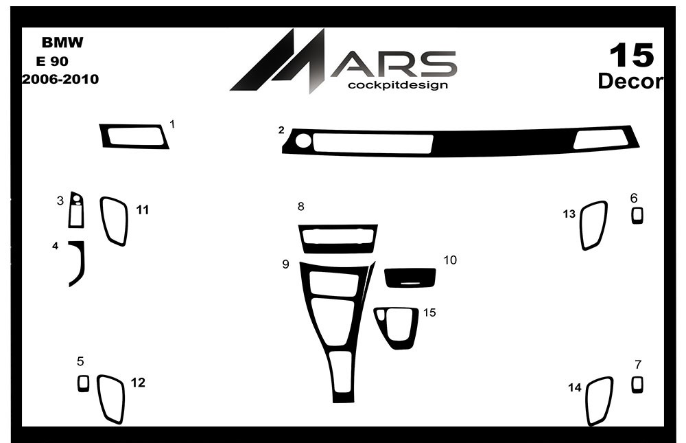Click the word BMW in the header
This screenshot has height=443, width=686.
point(62,43)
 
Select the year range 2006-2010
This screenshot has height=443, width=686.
point(60,79)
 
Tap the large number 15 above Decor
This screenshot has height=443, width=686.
point(632,56)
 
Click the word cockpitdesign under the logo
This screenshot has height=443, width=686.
point(398,85)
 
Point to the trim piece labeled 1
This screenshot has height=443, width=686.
point(104,137)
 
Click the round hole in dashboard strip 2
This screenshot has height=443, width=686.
point(304,141)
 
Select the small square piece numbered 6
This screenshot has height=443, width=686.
point(637,216)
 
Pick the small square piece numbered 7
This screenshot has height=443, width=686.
point(637,385)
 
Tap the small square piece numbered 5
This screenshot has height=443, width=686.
point(83,383)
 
